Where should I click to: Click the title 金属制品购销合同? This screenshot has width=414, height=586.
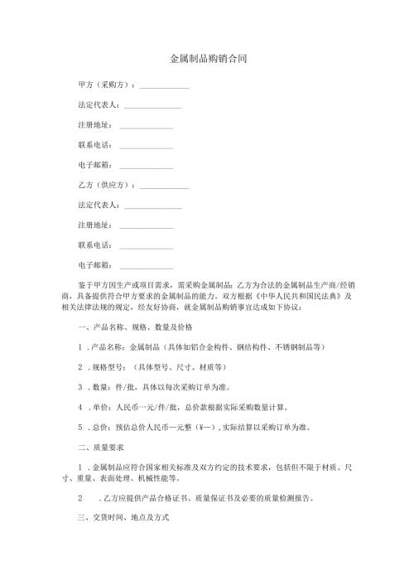207,60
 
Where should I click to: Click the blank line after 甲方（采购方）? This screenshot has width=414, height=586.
165,88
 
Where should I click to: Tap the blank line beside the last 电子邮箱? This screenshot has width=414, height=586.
147,267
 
